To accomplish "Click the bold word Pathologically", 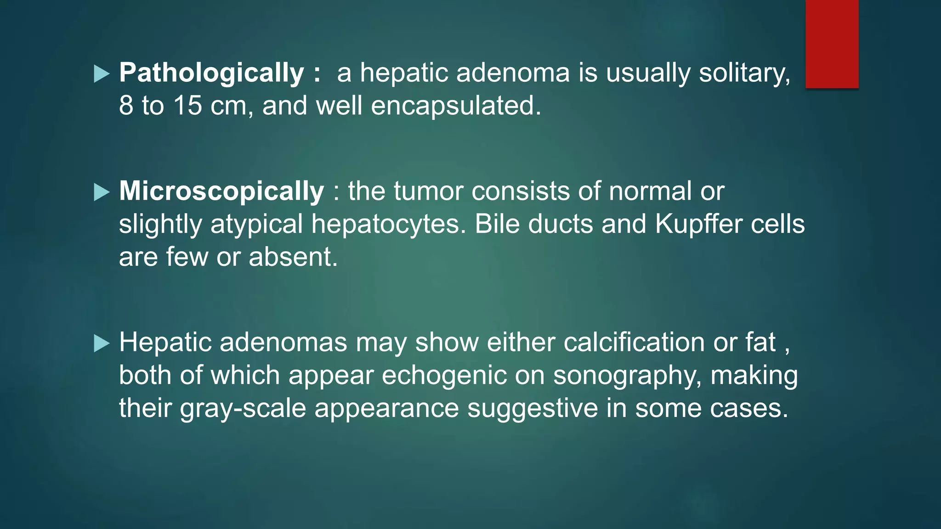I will tap(211, 73).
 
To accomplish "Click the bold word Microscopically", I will tap(221, 191).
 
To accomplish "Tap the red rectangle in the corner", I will tap(832, 44).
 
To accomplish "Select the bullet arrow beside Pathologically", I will tap(101, 74).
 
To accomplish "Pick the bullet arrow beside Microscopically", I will tap(101, 192).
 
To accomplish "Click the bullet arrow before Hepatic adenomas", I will tap(101, 343).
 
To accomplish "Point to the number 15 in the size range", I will tap(187, 106).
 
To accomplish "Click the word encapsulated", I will tap(455, 107).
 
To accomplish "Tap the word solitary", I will tap(744, 73).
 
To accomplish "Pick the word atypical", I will tap(256, 225).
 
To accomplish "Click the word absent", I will tap(293, 257).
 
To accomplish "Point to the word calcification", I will tap(634, 343).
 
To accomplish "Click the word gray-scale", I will tap(243, 409).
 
